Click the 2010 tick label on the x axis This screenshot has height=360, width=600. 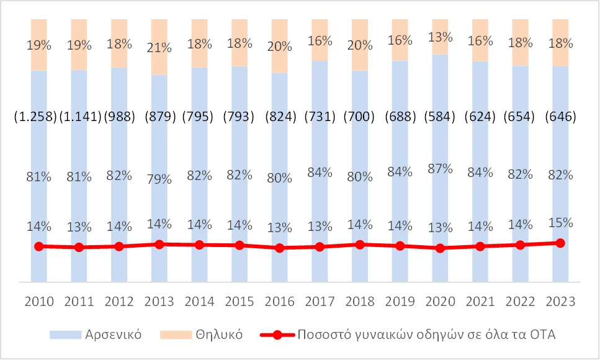38,302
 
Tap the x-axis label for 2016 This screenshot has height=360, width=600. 279,302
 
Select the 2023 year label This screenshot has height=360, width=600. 560,302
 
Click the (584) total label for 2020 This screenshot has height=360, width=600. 440,117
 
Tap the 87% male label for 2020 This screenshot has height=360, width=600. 440,169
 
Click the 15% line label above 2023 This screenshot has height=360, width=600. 560,222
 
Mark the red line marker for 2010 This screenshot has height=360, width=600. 38,246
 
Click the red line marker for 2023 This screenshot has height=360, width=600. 560,243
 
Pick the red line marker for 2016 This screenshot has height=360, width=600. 279,248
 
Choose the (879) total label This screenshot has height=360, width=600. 159,117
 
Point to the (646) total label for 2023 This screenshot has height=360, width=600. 560,117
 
